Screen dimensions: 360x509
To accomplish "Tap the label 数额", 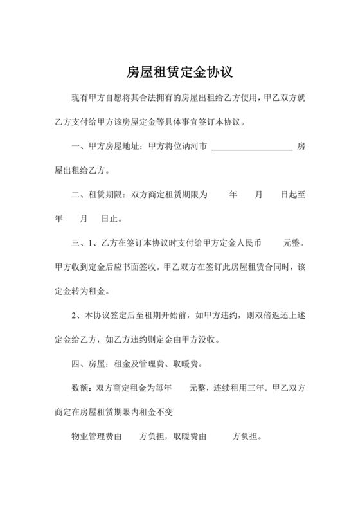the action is pos(79,388).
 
